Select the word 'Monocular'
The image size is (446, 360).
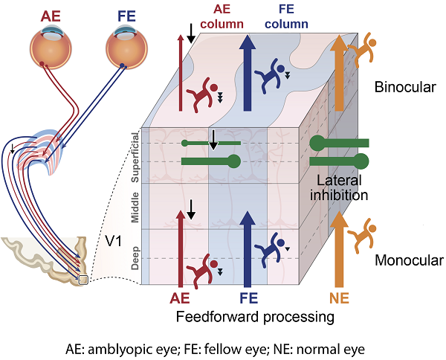408,260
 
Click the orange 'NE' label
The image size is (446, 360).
339,298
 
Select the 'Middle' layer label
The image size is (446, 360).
135,207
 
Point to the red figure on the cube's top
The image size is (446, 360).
202,97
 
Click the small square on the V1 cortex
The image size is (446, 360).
83,280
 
